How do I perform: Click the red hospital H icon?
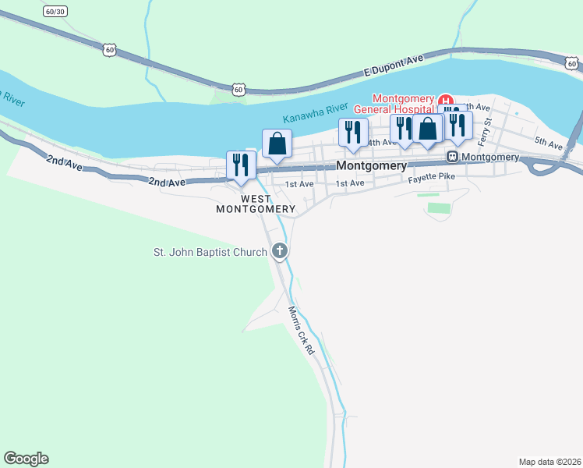(x=445, y=101)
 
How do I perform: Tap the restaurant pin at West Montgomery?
(x=240, y=165)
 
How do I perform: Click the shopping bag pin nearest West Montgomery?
(x=277, y=144)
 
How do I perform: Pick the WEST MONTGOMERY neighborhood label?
(x=255, y=204)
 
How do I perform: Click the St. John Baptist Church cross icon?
(x=280, y=251)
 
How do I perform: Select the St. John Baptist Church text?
(x=210, y=251)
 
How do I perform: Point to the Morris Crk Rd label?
(x=301, y=331)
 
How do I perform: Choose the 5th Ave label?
(x=549, y=144)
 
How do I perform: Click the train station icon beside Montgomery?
(x=451, y=157)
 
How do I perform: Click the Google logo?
(x=26, y=459)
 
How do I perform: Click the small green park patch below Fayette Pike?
(x=440, y=208)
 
